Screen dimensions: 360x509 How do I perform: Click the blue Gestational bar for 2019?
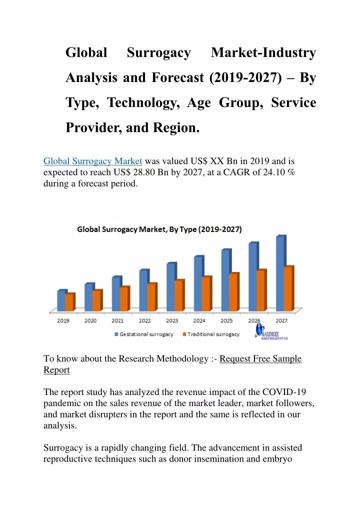[61, 300]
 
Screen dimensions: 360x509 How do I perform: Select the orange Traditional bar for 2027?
[288, 288]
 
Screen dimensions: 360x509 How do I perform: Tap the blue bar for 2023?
[170, 286]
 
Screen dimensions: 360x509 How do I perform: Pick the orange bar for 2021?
[124, 298]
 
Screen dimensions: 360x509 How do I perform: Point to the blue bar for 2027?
[280, 273]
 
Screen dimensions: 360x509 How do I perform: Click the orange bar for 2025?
[233, 292]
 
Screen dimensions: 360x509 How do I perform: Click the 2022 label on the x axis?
[145, 320]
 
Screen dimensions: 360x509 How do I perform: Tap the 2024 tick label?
[199, 320]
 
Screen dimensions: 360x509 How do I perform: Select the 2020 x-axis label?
[90, 320]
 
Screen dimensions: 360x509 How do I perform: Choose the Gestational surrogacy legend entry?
[144, 334]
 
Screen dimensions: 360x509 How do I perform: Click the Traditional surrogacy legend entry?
[211, 334]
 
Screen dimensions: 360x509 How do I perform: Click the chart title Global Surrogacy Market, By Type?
[159, 229]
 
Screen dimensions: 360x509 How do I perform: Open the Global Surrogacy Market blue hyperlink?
[93, 161]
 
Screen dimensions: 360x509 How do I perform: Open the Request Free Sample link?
[260, 358]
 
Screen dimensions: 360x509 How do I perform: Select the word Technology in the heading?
[143, 103]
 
